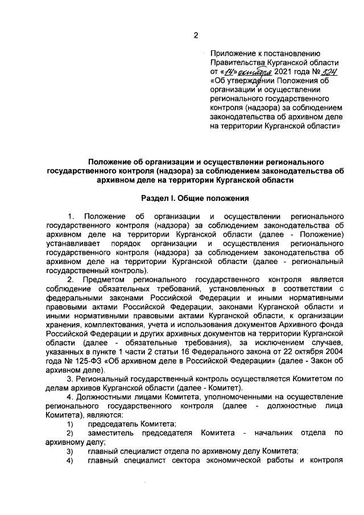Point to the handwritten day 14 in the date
pyautogui.click(x=229, y=72)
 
